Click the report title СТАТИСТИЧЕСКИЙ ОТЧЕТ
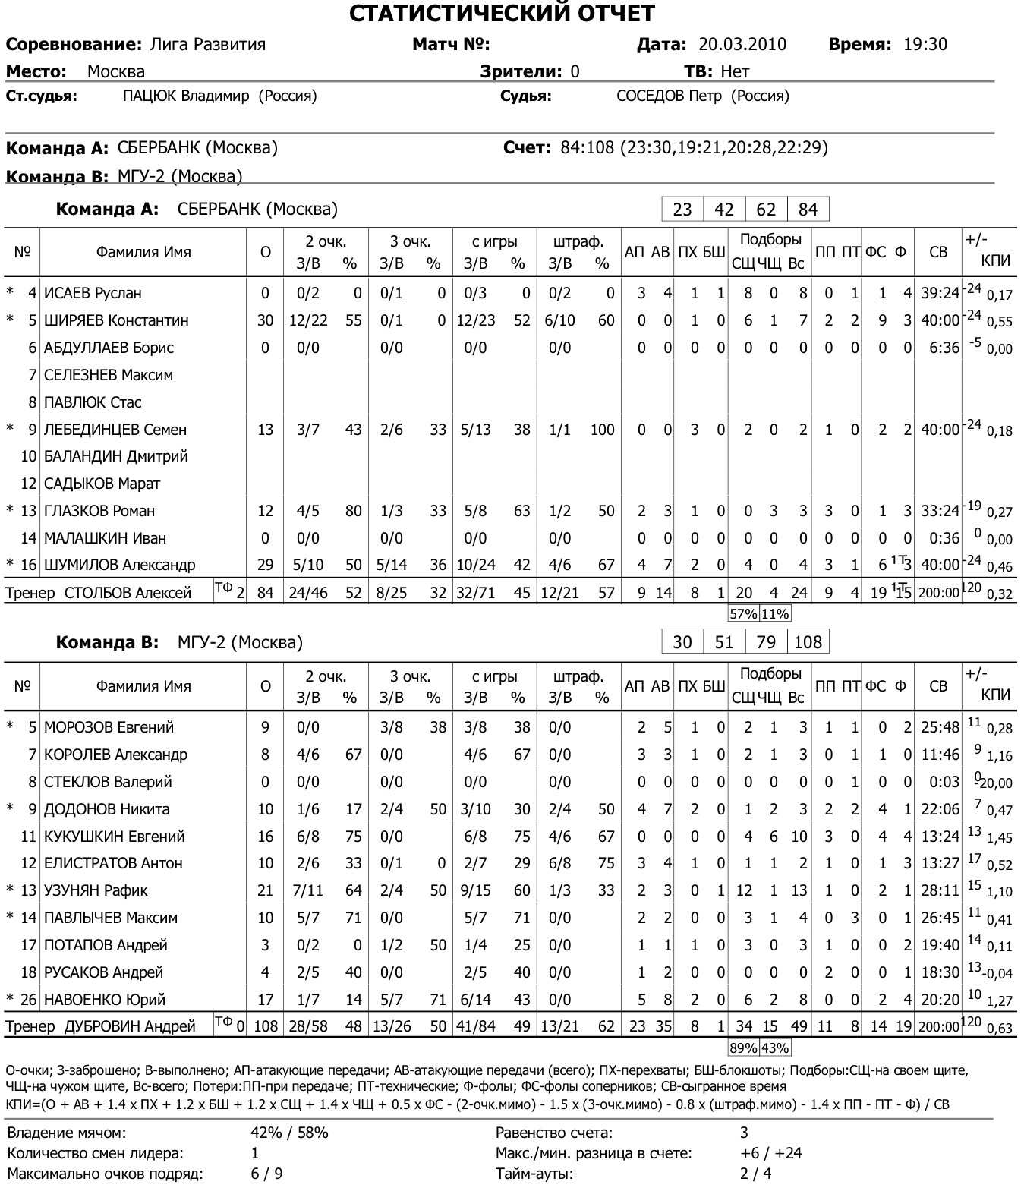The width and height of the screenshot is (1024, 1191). [x=502, y=13]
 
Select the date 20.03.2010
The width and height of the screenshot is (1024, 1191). [x=742, y=45]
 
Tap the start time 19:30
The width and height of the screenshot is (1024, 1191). [x=925, y=45]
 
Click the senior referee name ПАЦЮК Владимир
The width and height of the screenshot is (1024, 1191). [x=186, y=96]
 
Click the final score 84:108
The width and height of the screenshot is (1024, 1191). [x=587, y=147]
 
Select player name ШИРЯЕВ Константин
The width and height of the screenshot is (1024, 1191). [x=116, y=320]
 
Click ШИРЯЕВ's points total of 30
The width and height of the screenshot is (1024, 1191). [x=265, y=320]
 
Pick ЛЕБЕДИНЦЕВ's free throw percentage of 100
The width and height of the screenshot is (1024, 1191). [x=602, y=430]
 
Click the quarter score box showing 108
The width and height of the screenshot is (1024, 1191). [x=808, y=642]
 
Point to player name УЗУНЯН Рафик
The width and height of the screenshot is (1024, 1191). [x=96, y=890]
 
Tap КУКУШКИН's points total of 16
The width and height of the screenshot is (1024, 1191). [x=265, y=837]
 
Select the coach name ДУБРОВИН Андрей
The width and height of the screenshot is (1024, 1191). [x=130, y=1027]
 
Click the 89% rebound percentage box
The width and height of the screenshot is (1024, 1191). [x=743, y=1048]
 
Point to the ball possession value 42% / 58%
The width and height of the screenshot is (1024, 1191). [x=289, y=1133]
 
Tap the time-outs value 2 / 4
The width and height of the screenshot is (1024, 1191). [x=755, y=1174]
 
